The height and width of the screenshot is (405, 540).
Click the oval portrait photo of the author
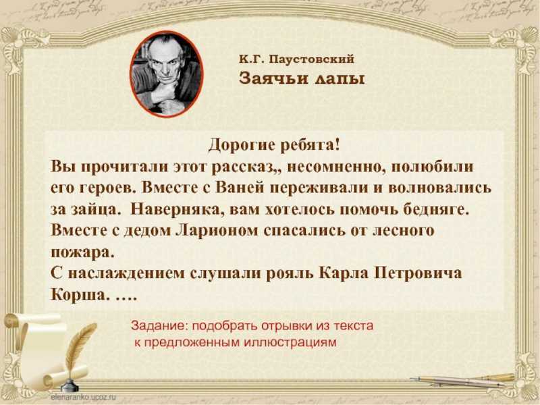tap(166, 74)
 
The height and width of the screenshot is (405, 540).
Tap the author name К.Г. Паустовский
tap(296, 59)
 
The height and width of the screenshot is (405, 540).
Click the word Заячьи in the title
tap(273, 78)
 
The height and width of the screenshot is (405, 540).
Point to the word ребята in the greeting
tap(310, 145)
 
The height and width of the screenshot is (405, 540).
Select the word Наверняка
tap(177, 209)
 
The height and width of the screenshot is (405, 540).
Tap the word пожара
tap(82, 252)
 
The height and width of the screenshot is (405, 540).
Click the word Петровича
tap(418, 273)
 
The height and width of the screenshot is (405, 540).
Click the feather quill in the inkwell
tap(78, 351)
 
